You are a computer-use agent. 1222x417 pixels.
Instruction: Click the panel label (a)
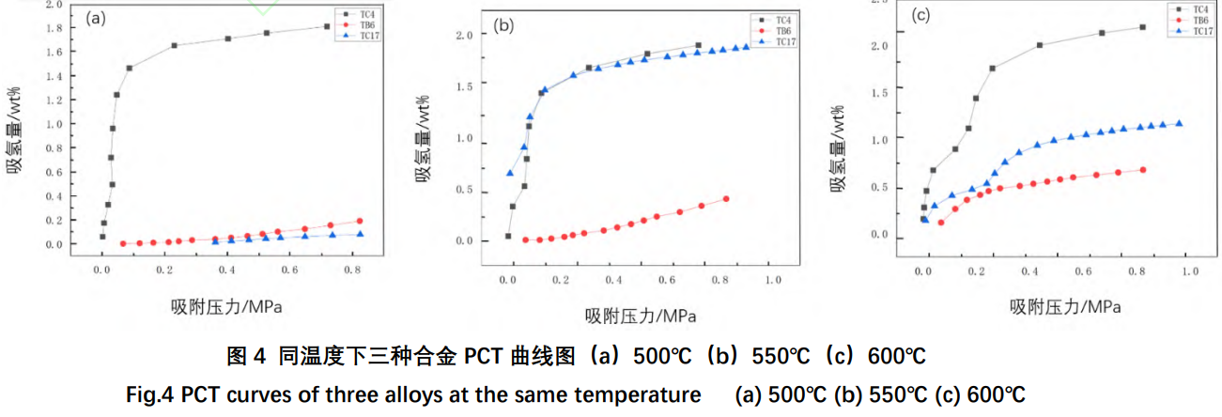coord(94,17)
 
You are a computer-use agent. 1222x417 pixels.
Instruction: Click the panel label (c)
coord(920,15)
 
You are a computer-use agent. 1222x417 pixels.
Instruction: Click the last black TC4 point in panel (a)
coord(327,26)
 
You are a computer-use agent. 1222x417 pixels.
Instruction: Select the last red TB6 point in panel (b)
coord(726,199)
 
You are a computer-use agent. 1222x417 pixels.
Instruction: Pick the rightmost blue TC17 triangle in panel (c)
coord(1179,123)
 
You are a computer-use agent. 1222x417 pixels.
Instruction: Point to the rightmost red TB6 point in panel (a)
coord(360,222)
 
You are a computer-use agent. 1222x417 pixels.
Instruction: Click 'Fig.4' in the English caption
coord(154,394)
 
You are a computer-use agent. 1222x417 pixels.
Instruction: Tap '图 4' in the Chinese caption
coord(248,357)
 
